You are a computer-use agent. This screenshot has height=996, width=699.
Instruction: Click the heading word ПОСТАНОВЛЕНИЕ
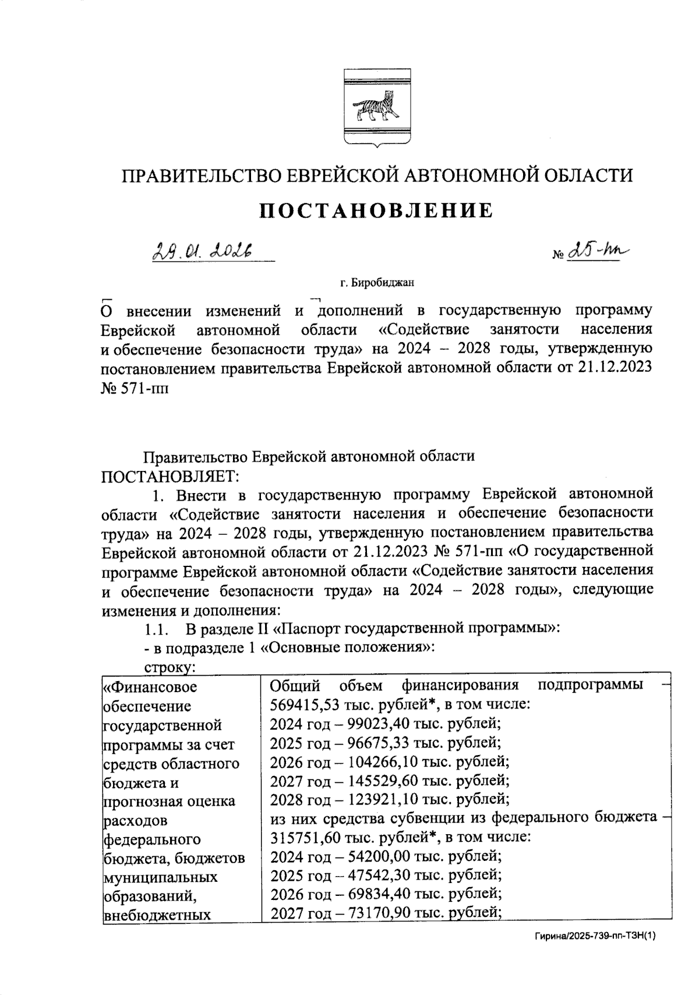(x=376, y=210)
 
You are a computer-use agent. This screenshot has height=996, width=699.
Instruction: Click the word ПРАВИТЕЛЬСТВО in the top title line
(x=199, y=175)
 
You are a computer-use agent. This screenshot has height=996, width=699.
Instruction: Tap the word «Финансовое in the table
(x=150, y=687)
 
